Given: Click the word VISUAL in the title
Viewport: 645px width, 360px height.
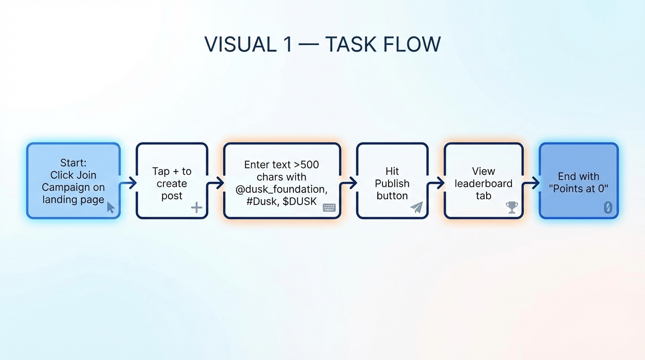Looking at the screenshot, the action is (241, 45).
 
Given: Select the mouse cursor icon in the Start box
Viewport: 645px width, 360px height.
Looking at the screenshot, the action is (111, 207).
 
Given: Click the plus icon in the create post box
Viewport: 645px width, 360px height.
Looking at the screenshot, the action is (196, 207).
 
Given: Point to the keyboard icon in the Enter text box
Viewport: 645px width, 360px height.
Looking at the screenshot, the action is (329, 207).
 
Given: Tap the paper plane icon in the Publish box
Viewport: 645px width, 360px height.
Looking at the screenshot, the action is (417, 207).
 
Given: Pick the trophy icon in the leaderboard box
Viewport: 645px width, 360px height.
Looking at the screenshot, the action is (512, 207).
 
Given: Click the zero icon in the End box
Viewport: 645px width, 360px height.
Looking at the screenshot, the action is (607, 208).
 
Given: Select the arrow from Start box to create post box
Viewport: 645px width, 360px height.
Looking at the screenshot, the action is (128, 183).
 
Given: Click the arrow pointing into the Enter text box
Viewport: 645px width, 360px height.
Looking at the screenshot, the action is (215, 183).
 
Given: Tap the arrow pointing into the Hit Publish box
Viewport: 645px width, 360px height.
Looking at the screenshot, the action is (348, 183).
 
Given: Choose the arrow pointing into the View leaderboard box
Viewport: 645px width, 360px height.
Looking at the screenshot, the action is (436, 183).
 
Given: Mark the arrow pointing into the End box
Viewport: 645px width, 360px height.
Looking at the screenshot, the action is (531, 183).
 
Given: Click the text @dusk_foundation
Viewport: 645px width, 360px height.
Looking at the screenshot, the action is (281, 189).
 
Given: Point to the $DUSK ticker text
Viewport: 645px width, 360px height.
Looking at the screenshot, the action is (300, 201).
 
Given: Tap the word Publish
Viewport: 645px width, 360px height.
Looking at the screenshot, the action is (392, 184).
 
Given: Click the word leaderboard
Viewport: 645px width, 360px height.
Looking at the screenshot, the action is (483, 183).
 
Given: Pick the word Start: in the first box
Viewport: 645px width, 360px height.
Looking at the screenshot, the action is (73, 163).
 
